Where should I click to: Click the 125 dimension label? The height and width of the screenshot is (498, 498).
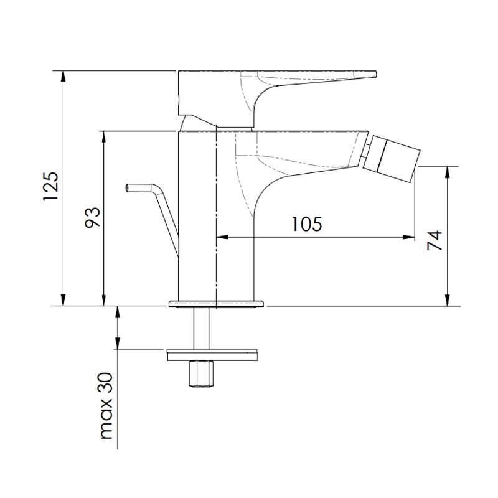tap(51, 186)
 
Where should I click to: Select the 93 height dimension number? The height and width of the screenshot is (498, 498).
tap(92, 217)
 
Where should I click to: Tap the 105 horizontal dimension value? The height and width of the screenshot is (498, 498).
tap(306, 224)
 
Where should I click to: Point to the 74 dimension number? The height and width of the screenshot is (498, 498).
tap(435, 240)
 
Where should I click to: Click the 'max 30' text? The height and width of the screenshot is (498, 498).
tap(106, 406)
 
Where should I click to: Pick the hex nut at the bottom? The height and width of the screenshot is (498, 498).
tap(201, 374)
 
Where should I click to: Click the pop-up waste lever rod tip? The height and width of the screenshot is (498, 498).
tap(128, 188)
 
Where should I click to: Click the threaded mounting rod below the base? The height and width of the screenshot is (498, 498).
tap(201, 328)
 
